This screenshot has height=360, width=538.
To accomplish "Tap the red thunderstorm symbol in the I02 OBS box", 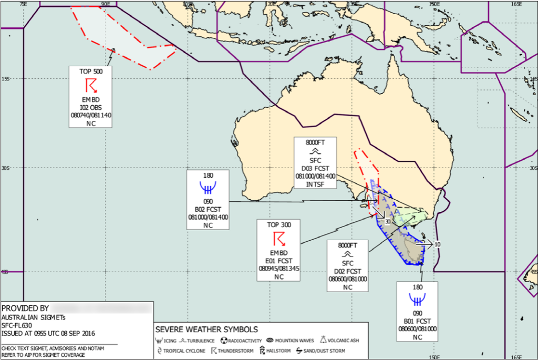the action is pyautogui.click(x=91, y=85).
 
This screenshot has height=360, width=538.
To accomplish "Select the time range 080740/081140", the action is pyautogui.click(x=90, y=115).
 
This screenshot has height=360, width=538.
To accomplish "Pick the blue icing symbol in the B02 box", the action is pyautogui.click(x=208, y=188).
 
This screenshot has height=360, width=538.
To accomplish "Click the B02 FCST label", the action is pyautogui.click(x=208, y=208).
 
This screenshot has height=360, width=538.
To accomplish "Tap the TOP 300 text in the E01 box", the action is pyautogui.click(x=279, y=224).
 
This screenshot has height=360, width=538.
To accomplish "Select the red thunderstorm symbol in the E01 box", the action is pyautogui.click(x=280, y=239).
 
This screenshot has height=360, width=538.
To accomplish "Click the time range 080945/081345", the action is pyautogui.click(x=279, y=269).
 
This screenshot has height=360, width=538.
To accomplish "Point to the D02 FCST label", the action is pyautogui.click(x=347, y=271).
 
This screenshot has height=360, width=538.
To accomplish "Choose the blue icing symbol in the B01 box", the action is pyautogui.click(x=418, y=300).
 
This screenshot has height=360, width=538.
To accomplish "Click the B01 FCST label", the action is pyautogui.click(x=418, y=322).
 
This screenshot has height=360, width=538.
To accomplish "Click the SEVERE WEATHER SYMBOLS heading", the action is pyautogui.click(x=206, y=330).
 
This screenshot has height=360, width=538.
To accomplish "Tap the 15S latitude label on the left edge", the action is pyautogui.click(x=6, y=79).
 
